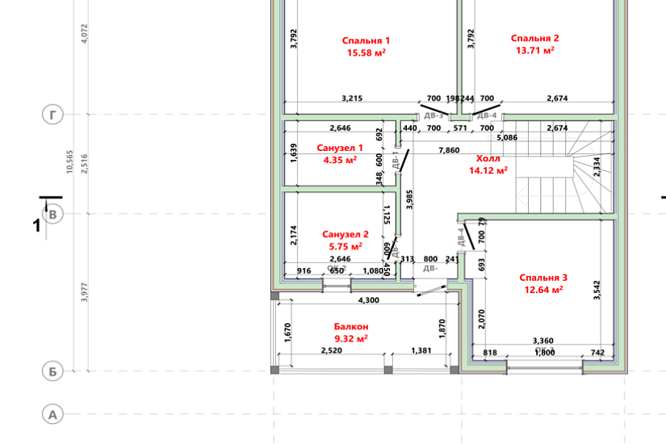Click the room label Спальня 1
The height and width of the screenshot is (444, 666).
366,40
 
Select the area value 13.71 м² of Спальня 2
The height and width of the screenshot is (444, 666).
534,50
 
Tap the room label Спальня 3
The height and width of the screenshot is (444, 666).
542,277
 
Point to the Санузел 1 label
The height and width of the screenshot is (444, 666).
340,149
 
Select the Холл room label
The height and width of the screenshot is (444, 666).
488,159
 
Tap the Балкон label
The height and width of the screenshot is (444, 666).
351,327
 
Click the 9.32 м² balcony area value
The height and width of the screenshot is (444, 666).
351,338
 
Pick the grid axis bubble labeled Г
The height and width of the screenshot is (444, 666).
52,116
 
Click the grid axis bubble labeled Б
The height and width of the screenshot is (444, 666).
52,371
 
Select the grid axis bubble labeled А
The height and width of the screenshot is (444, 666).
52,415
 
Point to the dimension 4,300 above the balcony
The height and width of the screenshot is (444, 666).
367,300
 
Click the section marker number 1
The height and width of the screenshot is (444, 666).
36,226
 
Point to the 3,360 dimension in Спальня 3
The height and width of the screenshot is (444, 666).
542,341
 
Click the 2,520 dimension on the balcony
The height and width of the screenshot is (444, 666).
332,351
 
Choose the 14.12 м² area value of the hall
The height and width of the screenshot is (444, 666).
488,170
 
